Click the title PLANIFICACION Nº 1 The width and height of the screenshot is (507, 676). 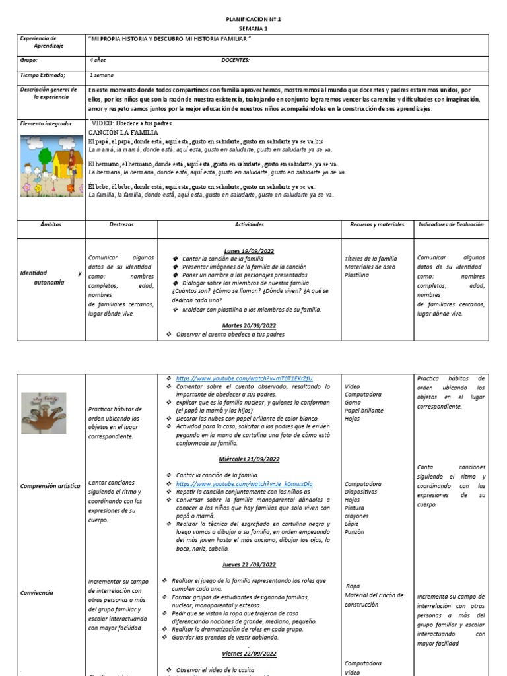coord(253,20)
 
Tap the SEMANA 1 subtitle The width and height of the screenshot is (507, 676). coord(253,29)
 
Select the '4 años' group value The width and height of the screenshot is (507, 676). coord(97,60)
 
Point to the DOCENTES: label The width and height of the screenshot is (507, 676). coord(235,60)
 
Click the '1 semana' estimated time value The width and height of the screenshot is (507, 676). coord(102,75)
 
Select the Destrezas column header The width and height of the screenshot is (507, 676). coord(121,224)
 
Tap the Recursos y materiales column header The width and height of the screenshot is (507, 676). coord(377,224)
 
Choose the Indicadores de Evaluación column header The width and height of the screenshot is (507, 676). coord(451,224)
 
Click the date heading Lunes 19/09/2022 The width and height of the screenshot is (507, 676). coord(249,251)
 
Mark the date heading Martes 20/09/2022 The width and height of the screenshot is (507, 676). coord(249,325)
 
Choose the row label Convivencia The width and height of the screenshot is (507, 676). coord(37,593)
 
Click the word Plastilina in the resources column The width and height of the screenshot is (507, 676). coord(357,274)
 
